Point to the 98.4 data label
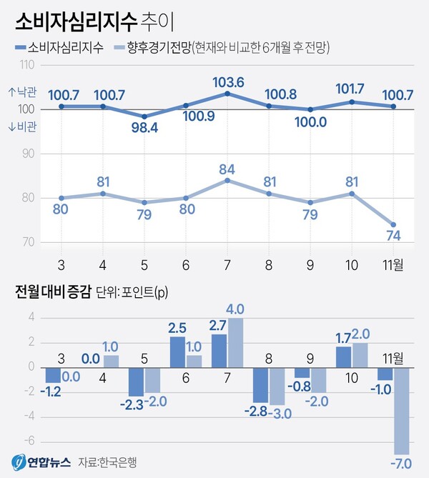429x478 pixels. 144,130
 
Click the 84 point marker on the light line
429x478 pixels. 227,180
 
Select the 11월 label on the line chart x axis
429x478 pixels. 392,265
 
